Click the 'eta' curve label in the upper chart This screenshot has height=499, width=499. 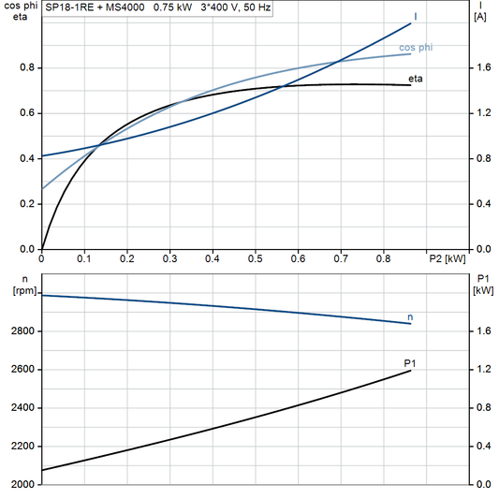click(x=415, y=79)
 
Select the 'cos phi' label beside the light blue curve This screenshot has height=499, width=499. click(x=416, y=46)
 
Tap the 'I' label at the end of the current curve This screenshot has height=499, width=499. click(x=415, y=16)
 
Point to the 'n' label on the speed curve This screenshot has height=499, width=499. click(x=410, y=317)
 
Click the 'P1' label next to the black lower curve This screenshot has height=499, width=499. click(x=409, y=361)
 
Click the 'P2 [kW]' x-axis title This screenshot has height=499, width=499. click(x=447, y=257)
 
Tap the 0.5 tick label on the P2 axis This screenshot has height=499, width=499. click(x=255, y=257)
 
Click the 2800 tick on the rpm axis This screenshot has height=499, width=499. click(x=23, y=331)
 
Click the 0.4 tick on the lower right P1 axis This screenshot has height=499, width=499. click(x=480, y=447)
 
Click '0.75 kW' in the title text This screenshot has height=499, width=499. click(x=173, y=7)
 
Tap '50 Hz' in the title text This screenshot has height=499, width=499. click(x=259, y=7)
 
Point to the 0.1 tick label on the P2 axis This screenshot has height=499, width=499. click(x=84, y=257)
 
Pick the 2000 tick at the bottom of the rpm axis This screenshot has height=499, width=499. click(x=23, y=485)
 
